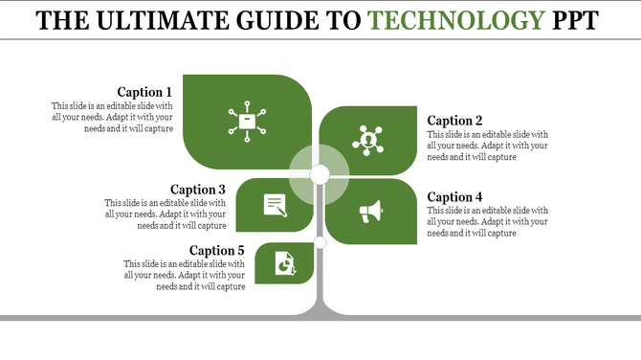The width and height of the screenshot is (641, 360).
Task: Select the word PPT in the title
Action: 570,20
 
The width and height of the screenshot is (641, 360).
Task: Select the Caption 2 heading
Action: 454,121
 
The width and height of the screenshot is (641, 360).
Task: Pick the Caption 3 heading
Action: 198,190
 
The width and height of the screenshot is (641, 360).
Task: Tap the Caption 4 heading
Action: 454,197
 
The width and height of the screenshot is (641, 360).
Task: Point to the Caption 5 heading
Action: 217,251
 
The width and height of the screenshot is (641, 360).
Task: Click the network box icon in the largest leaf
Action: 247,121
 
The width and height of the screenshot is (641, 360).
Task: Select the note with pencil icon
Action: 276,204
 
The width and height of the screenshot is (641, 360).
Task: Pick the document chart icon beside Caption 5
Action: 285,262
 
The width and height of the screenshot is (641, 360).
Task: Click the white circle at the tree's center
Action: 320,173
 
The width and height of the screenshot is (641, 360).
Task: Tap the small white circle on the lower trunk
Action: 320,243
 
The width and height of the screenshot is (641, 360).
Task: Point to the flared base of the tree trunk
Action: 320,308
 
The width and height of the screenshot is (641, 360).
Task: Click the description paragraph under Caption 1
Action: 112,117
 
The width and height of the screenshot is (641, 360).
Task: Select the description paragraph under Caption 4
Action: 488,221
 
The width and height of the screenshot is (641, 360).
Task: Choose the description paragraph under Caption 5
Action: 185,275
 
